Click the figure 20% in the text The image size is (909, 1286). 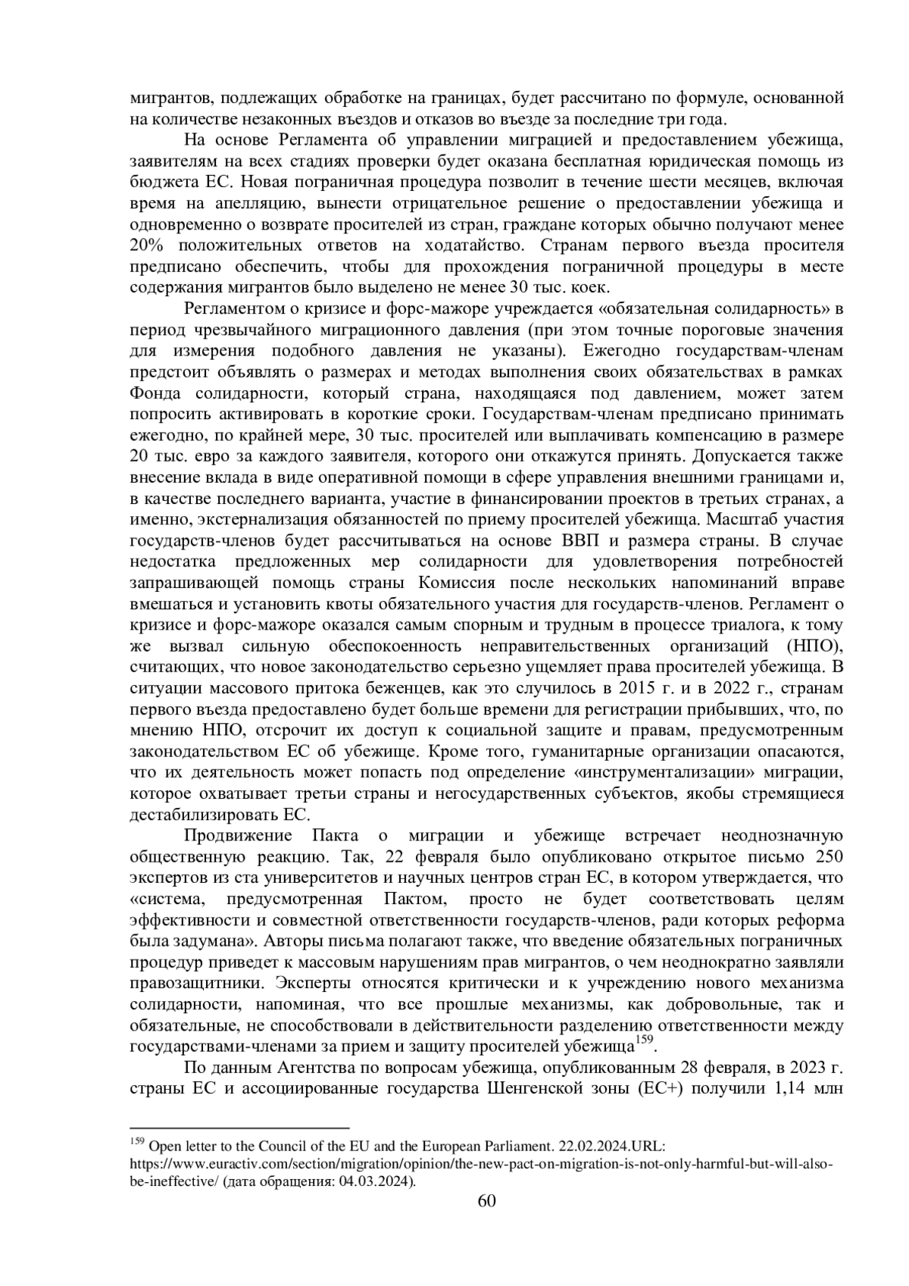point(148,246)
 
